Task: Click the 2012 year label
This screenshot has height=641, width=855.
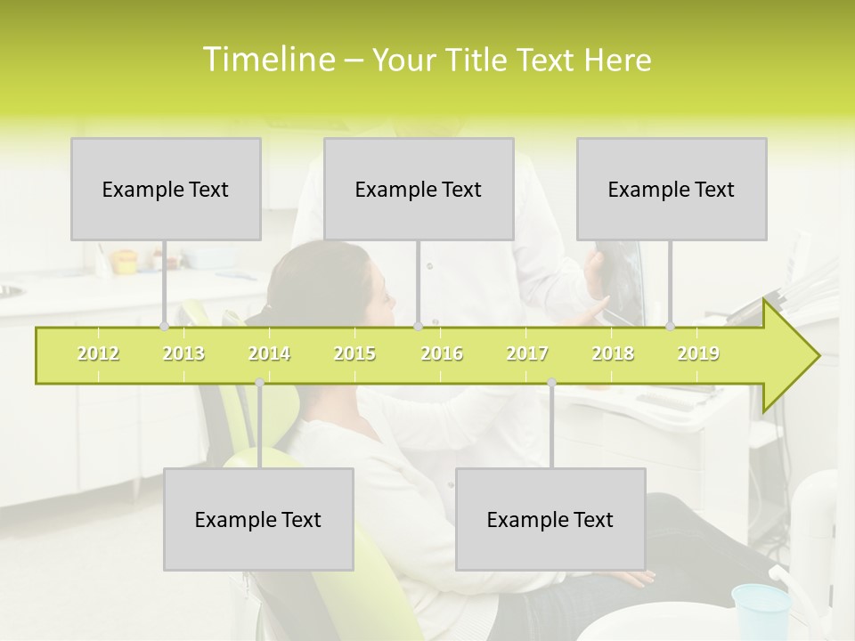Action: pyautogui.click(x=98, y=353)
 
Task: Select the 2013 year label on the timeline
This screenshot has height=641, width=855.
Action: pyautogui.click(x=183, y=353)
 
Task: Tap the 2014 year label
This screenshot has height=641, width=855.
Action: pyautogui.click(x=269, y=353)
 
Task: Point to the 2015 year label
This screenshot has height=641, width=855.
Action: pyautogui.click(x=354, y=353)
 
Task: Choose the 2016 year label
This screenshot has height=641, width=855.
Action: pyautogui.click(x=442, y=353)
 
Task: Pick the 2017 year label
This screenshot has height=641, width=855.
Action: pyautogui.click(x=527, y=353)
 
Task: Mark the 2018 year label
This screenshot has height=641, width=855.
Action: pyautogui.click(x=613, y=353)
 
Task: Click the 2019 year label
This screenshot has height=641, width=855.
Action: pyautogui.click(x=698, y=353)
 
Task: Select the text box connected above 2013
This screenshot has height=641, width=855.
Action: pyautogui.click(x=166, y=189)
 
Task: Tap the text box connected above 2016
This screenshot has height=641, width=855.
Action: pyautogui.click(x=419, y=189)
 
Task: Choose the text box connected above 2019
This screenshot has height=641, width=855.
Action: pyautogui.click(x=672, y=189)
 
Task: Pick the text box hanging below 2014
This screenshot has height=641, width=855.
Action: pyautogui.click(x=258, y=519)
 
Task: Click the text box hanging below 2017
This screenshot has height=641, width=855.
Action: pyautogui.click(x=550, y=519)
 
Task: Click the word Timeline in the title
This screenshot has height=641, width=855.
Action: pyautogui.click(x=268, y=59)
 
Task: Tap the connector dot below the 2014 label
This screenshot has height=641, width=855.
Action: pyautogui.click(x=259, y=382)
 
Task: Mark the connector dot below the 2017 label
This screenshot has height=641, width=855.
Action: pyautogui.click(x=551, y=382)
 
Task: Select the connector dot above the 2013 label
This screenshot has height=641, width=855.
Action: pyautogui.click(x=164, y=326)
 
